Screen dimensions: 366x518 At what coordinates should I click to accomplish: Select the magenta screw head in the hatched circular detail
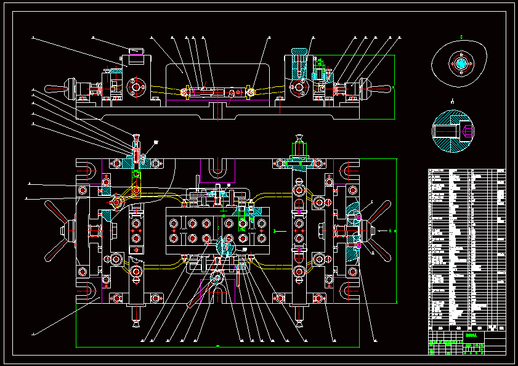[467, 131]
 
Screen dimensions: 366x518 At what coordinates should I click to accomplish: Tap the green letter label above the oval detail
[461, 38]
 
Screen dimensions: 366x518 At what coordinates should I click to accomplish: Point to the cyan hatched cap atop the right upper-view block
[299, 49]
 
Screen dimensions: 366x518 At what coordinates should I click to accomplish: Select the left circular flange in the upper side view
[135, 87]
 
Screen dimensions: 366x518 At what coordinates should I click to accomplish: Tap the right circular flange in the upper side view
[300, 87]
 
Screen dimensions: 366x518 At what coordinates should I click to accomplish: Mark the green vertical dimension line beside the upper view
[394, 86]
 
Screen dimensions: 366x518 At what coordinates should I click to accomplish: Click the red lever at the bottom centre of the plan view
[200, 296]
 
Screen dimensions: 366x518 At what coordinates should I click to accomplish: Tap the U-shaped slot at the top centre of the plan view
[218, 168]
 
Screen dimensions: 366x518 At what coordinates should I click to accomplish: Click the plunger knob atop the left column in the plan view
[135, 137]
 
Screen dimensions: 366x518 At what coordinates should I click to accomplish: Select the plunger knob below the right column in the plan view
[300, 320]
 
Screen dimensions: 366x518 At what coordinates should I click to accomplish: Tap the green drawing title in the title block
[472, 336]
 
